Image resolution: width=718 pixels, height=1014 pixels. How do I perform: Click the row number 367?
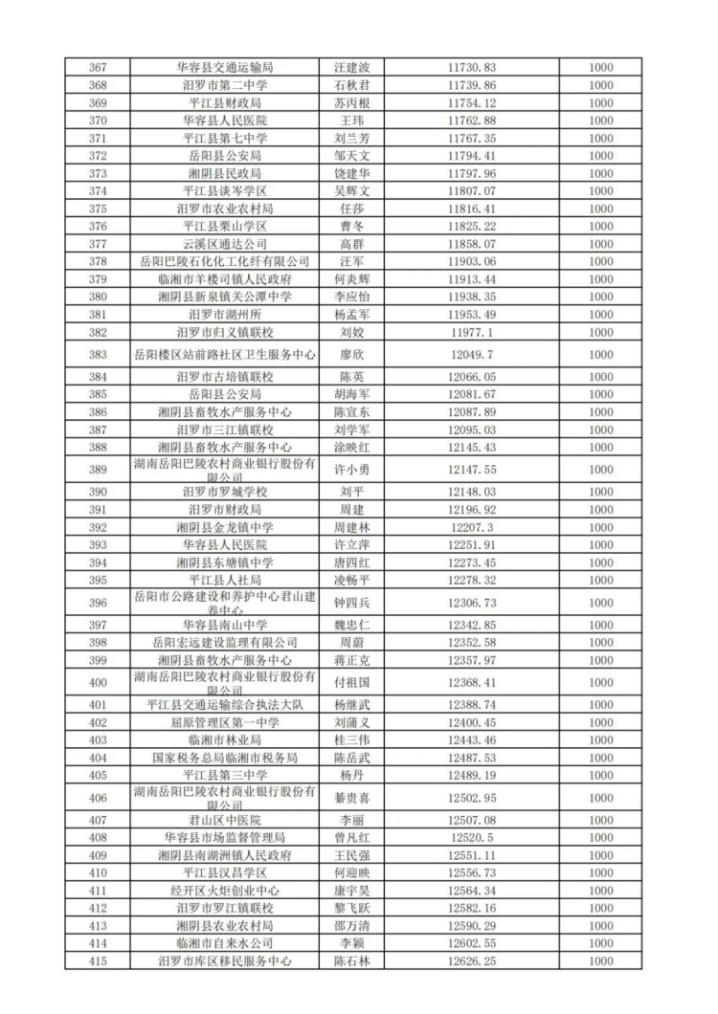pyautogui.click(x=97, y=68)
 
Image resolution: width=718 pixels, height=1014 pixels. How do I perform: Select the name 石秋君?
pyautogui.click(x=350, y=85)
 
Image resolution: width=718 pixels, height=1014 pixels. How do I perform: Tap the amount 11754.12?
pyautogui.click(x=472, y=102)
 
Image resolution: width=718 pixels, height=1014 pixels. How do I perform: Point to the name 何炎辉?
pyautogui.click(x=350, y=278)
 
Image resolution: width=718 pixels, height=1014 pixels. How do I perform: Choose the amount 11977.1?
pyautogui.click(x=472, y=331)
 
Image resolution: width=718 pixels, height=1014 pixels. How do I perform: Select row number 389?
pyautogui.click(x=97, y=470)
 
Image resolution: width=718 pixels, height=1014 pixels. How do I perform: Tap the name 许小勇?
pyautogui.click(x=350, y=470)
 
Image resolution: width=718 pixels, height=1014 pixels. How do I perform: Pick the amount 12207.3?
pyautogui.click(x=472, y=527)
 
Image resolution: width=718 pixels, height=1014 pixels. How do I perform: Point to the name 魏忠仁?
pyautogui.click(x=350, y=625)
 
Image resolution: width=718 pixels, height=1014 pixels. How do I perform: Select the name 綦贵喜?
pyautogui.click(x=350, y=798)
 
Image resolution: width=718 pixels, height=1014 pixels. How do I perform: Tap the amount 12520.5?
pyautogui.click(x=472, y=837)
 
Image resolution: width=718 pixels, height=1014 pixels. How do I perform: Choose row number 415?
pyautogui.click(x=97, y=960)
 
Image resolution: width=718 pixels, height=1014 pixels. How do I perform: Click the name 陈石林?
pyautogui.click(x=350, y=960)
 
